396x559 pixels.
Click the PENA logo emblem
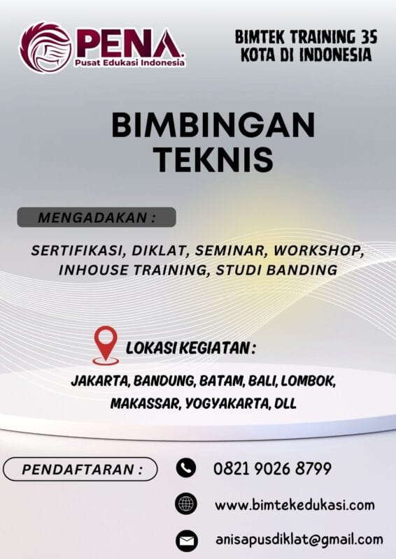pyautogui.click(x=45, y=48)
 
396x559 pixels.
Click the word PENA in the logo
pyautogui.click(x=127, y=43)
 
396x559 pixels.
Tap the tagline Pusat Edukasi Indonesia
pyautogui.click(x=129, y=63)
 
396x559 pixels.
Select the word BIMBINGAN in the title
pyautogui.click(x=213, y=126)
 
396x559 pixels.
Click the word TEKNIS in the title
pyautogui.click(x=213, y=160)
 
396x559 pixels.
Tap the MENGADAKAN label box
pyautogui.click(x=97, y=217)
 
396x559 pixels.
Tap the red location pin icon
pyautogui.click(x=106, y=344)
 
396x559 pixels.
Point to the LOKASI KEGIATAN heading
pyautogui.click(x=190, y=348)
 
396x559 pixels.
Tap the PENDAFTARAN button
pyautogui.click(x=80, y=469)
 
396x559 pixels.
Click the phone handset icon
pyautogui.click(x=185, y=468)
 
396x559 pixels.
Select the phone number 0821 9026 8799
pyautogui.click(x=272, y=468)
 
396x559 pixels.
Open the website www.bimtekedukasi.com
pyautogui.click(x=295, y=504)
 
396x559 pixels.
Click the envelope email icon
pyautogui.click(x=185, y=540)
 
